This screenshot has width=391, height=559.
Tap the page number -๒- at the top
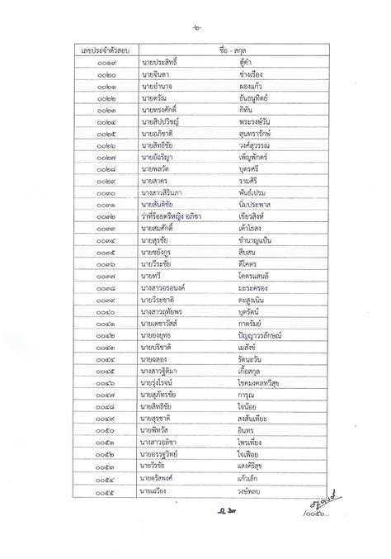(x=195, y=29)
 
